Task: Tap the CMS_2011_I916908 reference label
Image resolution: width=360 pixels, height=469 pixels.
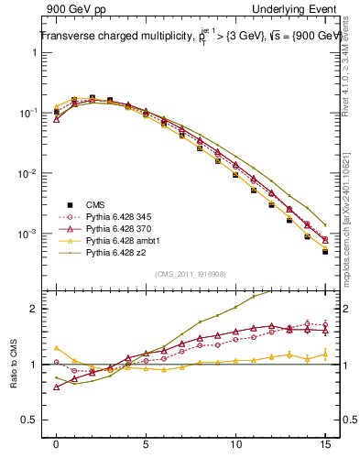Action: pyautogui.click(x=188, y=274)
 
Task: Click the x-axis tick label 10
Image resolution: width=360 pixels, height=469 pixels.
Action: pyautogui.click(x=235, y=444)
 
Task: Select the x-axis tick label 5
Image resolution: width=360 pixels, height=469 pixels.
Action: pyautogui.click(x=146, y=444)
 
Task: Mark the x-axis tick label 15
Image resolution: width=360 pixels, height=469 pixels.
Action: pyautogui.click(x=325, y=444)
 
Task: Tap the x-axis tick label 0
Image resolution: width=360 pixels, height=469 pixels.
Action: pyautogui.click(x=57, y=444)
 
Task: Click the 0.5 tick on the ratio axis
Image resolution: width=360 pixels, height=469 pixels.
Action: pyautogui.click(x=34, y=420)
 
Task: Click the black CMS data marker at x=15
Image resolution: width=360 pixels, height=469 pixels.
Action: pyautogui.click(x=325, y=252)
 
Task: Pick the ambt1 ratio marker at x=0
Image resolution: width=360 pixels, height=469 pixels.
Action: pyautogui.click(x=57, y=348)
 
